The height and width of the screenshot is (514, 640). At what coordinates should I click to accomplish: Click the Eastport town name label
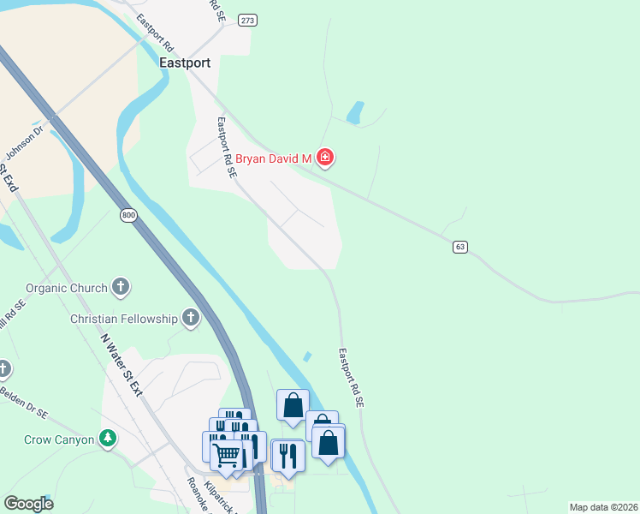point(185,63)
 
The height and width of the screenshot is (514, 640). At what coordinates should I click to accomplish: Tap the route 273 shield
point(248,20)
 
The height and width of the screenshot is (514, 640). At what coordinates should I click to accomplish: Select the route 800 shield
point(128,215)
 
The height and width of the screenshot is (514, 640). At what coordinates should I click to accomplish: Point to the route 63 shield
point(460,247)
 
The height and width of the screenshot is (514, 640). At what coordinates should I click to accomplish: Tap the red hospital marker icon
point(325,158)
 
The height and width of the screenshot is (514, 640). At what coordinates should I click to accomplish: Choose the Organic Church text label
point(67,289)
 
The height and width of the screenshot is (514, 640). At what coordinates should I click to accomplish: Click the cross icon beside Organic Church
point(121,288)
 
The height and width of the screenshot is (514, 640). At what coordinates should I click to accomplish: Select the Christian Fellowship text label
point(124,320)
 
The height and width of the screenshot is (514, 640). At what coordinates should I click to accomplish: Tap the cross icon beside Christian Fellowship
point(191,320)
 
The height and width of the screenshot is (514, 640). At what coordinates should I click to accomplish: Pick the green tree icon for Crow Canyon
point(107,439)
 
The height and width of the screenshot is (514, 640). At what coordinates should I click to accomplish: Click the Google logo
point(28,504)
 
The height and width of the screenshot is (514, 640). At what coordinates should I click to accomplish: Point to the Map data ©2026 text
point(602,507)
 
